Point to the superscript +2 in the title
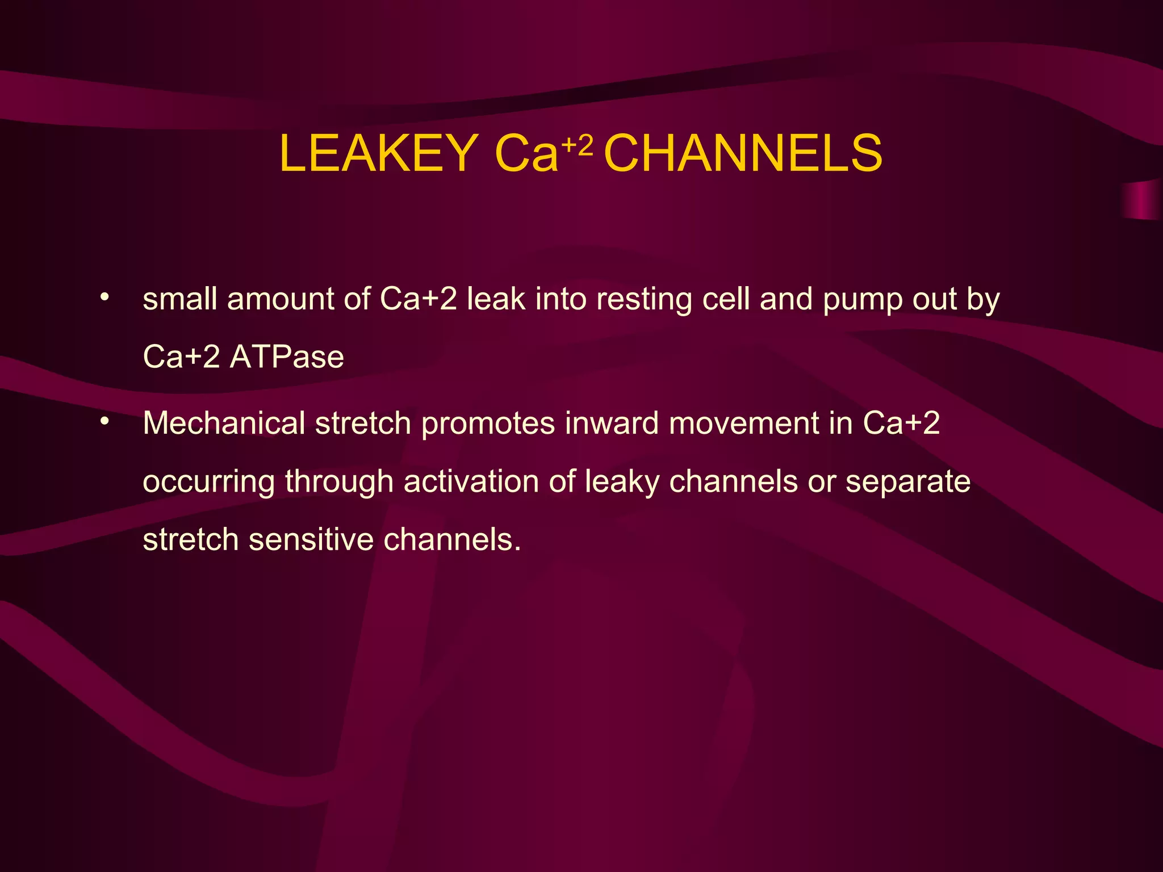pyautogui.click(x=578, y=146)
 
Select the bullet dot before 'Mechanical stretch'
pyautogui.click(x=104, y=421)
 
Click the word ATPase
pyautogui.click(x=287, y=357)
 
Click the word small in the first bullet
pyautogui.click(x=180, y=299)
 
